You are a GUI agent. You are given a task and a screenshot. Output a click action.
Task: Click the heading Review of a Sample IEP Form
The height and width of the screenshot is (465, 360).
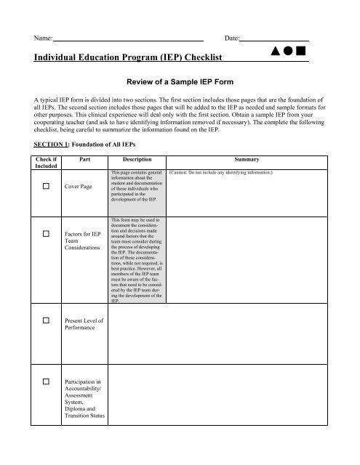click(180, 84)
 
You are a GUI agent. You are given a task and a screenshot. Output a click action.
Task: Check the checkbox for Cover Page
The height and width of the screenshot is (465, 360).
click(46, 186)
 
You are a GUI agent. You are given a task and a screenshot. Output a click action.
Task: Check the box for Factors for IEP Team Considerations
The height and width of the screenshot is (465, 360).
click(46, 234)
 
